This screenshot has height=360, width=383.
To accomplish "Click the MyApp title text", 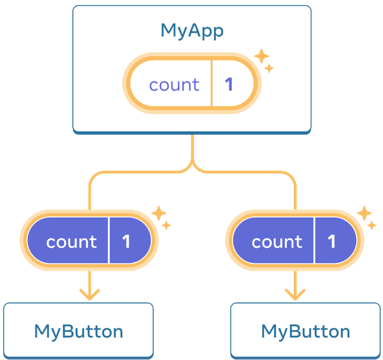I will click(x=191, y=31).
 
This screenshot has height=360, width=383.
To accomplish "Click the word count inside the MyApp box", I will click(x=174, y=84).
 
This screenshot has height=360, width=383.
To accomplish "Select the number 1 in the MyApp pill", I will click(x=229, y=84).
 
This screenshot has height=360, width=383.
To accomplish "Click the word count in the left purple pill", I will click(x=71, y=241).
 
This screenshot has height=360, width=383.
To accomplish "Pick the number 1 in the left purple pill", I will click(x=126, y=241).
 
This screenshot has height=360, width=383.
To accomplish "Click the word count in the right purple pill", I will click(x=277, y=241).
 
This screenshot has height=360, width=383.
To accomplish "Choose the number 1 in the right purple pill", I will click(x=332, y=241).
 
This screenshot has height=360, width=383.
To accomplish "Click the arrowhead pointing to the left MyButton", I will click(x=89, y=294).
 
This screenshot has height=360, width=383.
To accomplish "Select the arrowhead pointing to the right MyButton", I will click(x=294, y=294).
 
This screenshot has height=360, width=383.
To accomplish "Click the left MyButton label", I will click(x=78, y=331).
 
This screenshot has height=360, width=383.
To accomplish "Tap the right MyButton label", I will click(x=305, y=331).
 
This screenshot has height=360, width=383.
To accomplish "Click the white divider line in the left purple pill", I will click(x=109, y=241).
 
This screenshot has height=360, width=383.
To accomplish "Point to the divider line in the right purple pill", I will click(x=314, y=241).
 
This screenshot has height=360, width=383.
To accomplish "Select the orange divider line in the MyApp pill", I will click(x=211, y=84).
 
